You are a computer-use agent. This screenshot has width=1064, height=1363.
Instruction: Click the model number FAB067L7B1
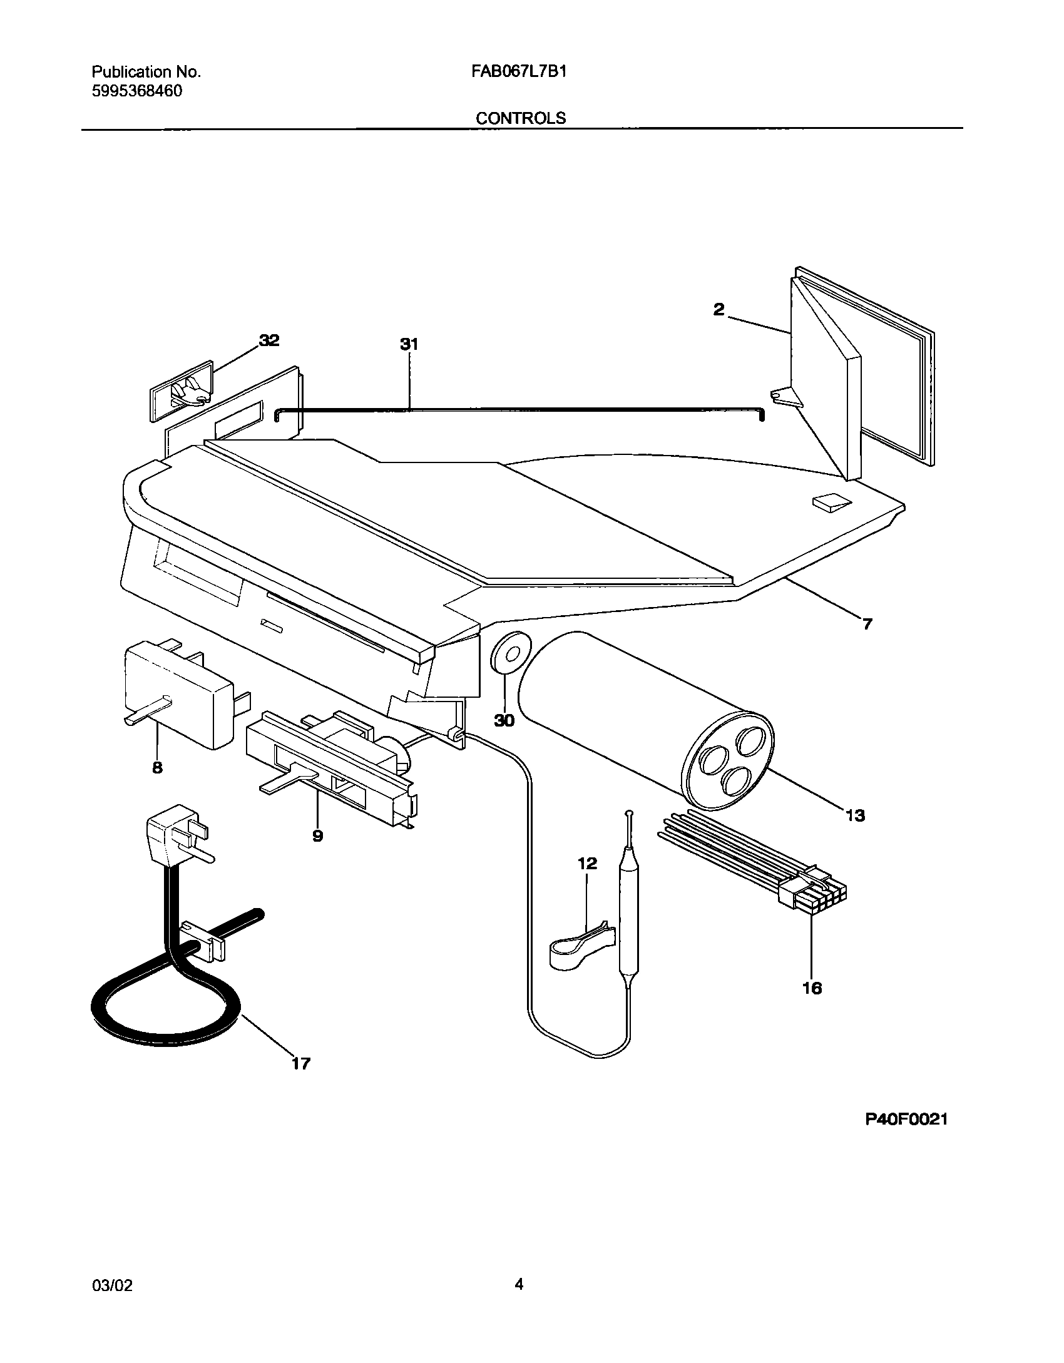(519, 72)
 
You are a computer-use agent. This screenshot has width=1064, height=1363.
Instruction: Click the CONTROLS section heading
(520, 118)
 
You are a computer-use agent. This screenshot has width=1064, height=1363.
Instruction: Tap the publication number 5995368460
(137, 91)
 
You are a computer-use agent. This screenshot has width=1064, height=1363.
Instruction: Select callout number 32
(269, 340)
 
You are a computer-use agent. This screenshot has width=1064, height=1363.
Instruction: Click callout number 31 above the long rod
(409, 344)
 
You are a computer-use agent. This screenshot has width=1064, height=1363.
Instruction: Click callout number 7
(867, 624)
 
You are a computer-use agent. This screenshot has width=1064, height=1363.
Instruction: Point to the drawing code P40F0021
(906, 1120)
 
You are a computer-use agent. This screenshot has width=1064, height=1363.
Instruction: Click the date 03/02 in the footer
(112, 1285)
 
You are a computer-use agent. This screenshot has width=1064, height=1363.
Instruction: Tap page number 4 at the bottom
(519, 1284)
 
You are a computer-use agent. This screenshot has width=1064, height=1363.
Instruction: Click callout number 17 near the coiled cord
(300, 1063)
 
